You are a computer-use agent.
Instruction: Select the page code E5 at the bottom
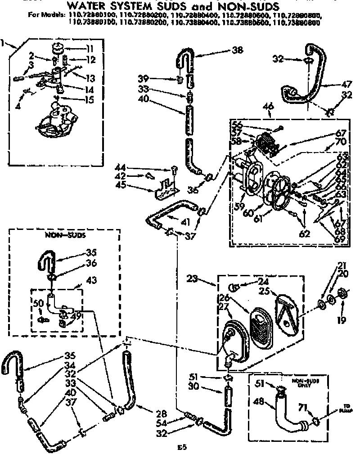pyautogui.click(x=180, y=447)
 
